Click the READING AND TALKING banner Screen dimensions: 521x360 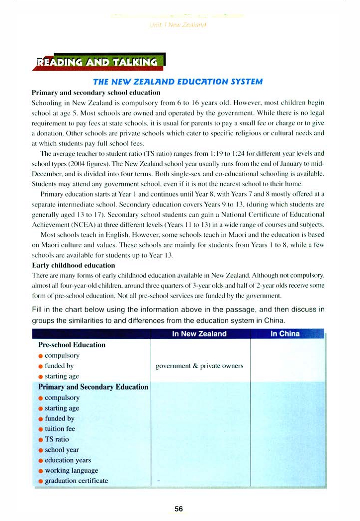pyautogui.click(x=97, y=62)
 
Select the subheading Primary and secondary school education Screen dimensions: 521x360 pyautogui.click(x=96, y=93)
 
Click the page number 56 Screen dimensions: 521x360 pyautogui.click(x=179, y=509)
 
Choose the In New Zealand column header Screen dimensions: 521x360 pyautogui.click(x=199, y=334)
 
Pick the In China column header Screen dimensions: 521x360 pyautogui.click(x=285, y=334)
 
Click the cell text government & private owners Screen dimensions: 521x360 pyautogui.click(x=199, y=366)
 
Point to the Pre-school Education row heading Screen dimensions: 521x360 pyautogui.click(x=72, y=344)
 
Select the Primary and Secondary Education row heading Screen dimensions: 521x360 pyautogui.click(x=93, y=387)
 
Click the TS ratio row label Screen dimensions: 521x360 pyautogui.click(x=57, y=439)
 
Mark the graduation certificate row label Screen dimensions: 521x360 pyautogui.click(x=76, y=481)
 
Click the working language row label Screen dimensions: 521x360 pyautogui.click(x=71, y=470)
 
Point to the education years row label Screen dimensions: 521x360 pyautogui.click(x=68, y=460)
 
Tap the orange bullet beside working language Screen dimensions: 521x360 pyautogui.click(x=40, y=471)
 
